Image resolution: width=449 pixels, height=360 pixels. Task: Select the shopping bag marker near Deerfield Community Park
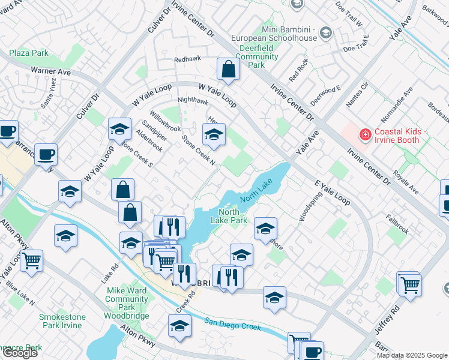click(x=228, y=70)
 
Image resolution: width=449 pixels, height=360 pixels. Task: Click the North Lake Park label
click(x=229, y=216)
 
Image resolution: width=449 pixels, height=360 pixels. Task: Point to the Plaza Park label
click(x=29, y=53)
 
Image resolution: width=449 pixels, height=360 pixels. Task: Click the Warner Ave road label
click(x=51, y=71)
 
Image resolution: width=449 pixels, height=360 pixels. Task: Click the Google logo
click(x=20, y=353)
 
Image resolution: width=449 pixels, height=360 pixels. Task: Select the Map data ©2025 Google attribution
click(x=412, y=355)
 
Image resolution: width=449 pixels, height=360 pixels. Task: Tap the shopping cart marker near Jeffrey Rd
click(x=410, y=284)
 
